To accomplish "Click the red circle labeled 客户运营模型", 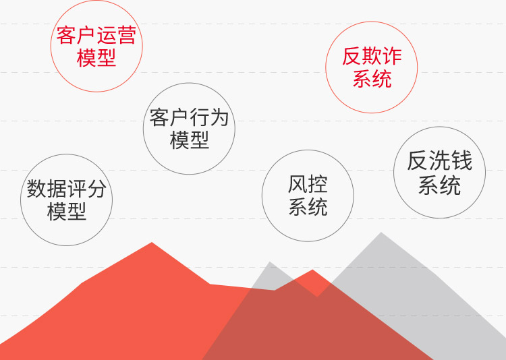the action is [x=51, y=46].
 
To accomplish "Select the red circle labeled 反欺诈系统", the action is [x=326, y=67].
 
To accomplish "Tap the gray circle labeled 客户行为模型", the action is [x=143, y=129].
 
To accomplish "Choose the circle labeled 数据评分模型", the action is [x=21, y=200].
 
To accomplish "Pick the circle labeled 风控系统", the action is [x=262, y=196].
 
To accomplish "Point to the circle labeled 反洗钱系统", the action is [x=394, y=173].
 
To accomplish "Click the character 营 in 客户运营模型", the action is [x=127, y=35].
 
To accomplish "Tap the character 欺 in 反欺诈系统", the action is [x=372, y=56].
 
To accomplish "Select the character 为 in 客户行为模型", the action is [x=219, y=118].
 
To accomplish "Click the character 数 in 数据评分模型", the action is [x=36, y=189].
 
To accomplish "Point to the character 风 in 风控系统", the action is [x=298, y=184].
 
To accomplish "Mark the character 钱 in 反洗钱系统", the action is [x=461, y=160].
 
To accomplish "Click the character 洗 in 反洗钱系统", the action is [x=439, y=160].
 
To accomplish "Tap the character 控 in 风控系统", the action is [x=318, y=184].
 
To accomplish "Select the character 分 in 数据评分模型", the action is [x=96, y=189].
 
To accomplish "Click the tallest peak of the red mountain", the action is [x=152, y=243].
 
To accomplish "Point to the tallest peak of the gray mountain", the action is [x=381, y=233].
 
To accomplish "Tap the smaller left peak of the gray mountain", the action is [x=269, y=262].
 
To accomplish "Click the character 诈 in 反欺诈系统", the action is [x=392, y=56].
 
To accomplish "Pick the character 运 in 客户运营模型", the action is [x=107, y=35].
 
